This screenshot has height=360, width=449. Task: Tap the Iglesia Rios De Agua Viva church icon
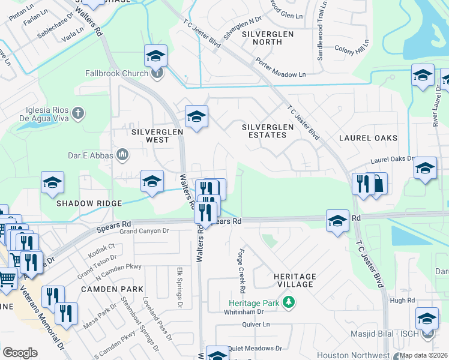click(x=77, y=113)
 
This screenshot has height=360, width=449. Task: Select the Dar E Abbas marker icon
click(x=122, y=155)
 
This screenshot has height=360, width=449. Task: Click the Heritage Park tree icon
click(x=289, y=301)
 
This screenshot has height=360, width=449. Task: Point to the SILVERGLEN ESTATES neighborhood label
click(x=268, y=131)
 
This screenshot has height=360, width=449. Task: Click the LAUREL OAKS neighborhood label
click(x=368, y=138)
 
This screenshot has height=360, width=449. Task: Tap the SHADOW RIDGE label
click(x=89, y=203)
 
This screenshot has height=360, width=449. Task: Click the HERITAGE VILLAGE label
click(x=294, y=279)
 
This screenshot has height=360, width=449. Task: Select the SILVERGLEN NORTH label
click(x=268, y=38)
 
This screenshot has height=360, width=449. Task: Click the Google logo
click(x=20, y=353)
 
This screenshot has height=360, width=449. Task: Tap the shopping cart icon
click(x=7, y=279)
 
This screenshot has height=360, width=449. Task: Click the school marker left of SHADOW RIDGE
click(x=52, y=183)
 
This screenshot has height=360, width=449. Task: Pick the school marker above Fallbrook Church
click(x=156, y=57)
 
